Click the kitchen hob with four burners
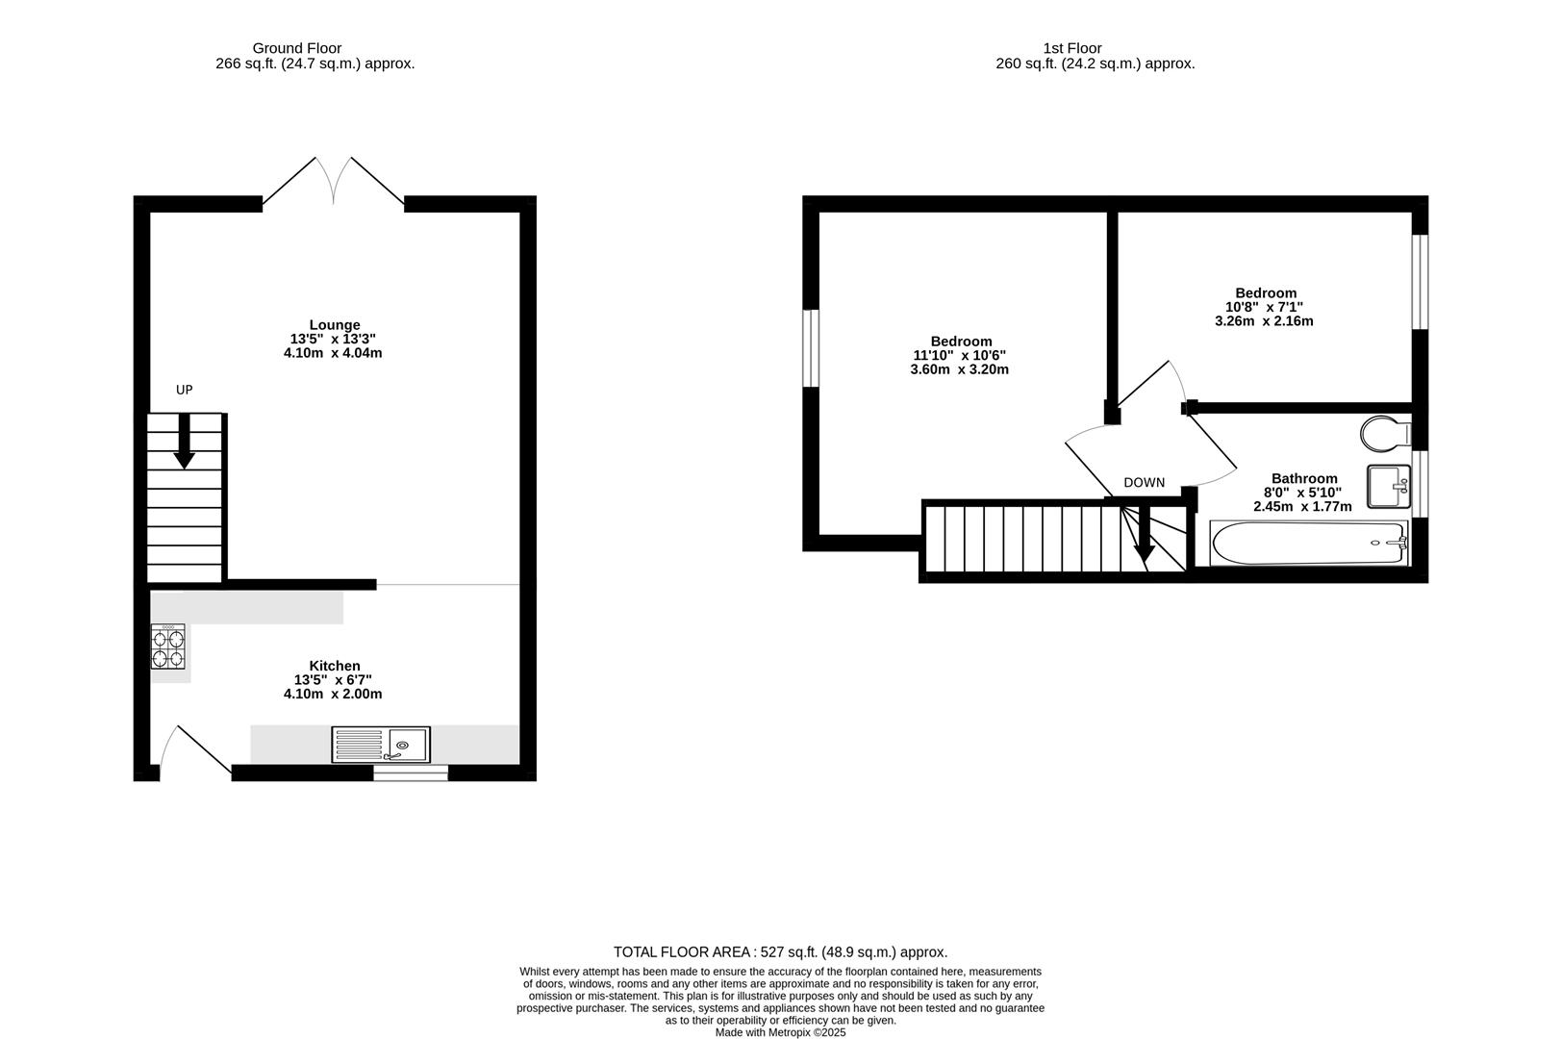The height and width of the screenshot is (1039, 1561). click(x=168, y=646)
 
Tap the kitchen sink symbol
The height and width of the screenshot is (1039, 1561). click(x=382, y=745)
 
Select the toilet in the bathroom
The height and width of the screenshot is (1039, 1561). click(x=1384, y=432)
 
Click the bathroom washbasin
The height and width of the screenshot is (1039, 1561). click(x=1387, y=486)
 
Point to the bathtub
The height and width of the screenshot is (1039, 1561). click(x=1308, y=543)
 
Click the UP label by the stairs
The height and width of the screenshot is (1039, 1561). click(x=184, y=390)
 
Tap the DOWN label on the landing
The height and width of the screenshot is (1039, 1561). click(x=1144, y=483)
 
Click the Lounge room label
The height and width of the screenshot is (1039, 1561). click(x=335, y=325)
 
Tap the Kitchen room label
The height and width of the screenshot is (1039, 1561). click(x=335, y=666)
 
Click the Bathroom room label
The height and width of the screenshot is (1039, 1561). click(x=1304, y=478)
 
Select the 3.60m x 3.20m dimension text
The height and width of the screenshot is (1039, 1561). click(x=959, y=369)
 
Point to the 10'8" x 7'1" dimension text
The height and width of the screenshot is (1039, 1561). click(x=1264, y=307)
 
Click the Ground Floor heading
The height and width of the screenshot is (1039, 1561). click(x=296, y=48)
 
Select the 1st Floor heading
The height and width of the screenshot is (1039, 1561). click(x=1071, y=48)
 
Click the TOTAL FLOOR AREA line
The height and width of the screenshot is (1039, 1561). click(x=780, y=952)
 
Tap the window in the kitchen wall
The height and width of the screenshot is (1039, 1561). click(x=411, y=773)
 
